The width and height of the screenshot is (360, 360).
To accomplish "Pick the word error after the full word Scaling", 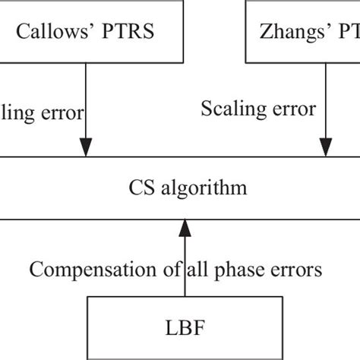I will click(292, 109).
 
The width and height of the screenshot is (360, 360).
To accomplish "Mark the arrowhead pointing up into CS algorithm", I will click(183, 226).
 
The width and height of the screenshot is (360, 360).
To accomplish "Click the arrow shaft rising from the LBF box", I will click(183, 281).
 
